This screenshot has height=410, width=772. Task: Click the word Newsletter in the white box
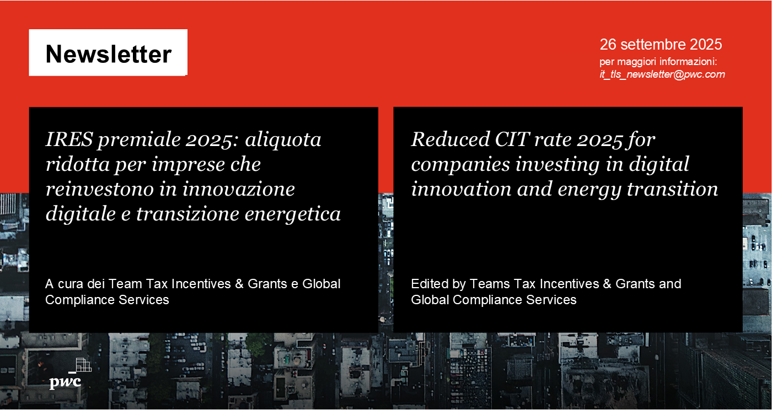(x=108, y=54)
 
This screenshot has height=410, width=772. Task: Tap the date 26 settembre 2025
(x=661, y=45)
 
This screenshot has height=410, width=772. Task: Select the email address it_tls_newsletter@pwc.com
(x=662, y=74)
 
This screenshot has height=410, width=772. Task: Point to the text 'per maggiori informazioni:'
(x=658, y=61)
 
